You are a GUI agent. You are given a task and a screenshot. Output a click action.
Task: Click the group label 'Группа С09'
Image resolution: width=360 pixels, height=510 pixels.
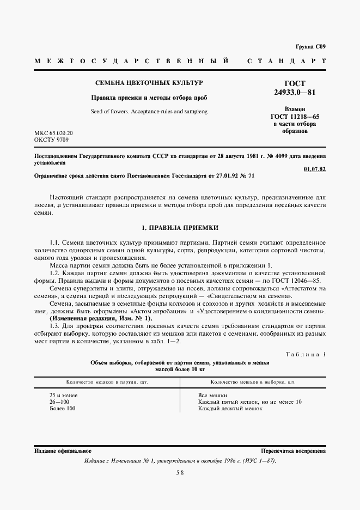coord(310,47)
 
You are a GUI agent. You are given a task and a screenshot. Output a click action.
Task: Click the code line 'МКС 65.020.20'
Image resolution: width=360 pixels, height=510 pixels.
coord(53,133)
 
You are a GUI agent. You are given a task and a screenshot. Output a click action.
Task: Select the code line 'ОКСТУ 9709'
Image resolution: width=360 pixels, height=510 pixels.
coord(51,140)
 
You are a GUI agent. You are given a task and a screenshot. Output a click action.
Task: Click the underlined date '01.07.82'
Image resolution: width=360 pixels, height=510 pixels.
coord(315,169)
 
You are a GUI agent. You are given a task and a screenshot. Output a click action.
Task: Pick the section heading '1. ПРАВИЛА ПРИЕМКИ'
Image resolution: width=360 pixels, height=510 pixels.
coord(179,227)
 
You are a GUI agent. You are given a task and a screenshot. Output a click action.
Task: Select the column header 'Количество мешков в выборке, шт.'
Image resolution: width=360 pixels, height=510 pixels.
coord(252,382)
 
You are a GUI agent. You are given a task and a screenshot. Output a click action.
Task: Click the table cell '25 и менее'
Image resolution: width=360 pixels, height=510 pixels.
coord(63,395)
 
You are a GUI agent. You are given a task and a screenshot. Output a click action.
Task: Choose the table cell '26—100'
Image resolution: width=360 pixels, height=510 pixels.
coord(59,402)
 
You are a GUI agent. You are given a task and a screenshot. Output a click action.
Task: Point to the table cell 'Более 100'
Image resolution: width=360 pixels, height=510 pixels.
coord(63,408)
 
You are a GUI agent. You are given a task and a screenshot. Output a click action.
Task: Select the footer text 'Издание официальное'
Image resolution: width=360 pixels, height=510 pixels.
coord(63,451)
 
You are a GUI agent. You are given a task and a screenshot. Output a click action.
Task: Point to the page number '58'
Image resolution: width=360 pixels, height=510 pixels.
coord(179,473)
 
